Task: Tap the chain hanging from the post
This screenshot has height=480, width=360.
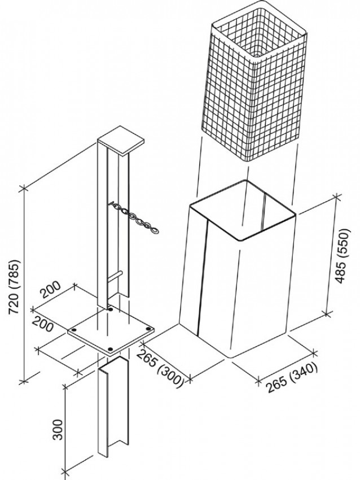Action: pos(135,217)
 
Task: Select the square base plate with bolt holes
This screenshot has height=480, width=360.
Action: pos(110,333)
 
